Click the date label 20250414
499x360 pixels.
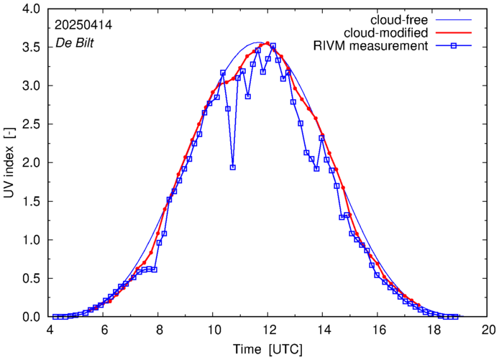pyautogui.click(x=83, y=24)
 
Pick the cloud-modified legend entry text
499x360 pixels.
pyautogui.click(x=387, y=33)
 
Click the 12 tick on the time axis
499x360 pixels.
pyautogui.click(x=268, y=330)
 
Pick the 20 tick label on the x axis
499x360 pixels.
pyautogui.click(x=488, y=330)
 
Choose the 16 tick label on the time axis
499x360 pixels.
pyautogui.click(x=378, y=330)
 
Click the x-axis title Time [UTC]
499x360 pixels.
pyautogui.click(x=268, y=349)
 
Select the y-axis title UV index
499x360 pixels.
pyautogui.click(x=9, y=162)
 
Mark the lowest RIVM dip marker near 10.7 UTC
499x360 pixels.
pyautogui.click(x=233, y=167)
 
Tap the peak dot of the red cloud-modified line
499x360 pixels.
pyautogui.click(x=267, y=43)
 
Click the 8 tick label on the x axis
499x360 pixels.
pyautogui.click(x=159, y=330)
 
